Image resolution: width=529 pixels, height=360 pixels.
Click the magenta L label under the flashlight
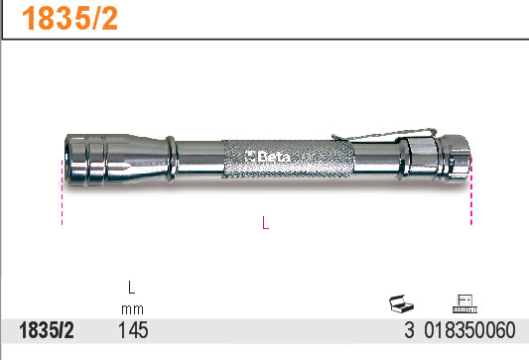point(265,224)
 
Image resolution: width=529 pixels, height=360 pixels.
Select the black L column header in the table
point(130,289)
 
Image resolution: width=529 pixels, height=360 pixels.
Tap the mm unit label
point(130,308)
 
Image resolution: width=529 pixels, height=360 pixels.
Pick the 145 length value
point(132,330)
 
